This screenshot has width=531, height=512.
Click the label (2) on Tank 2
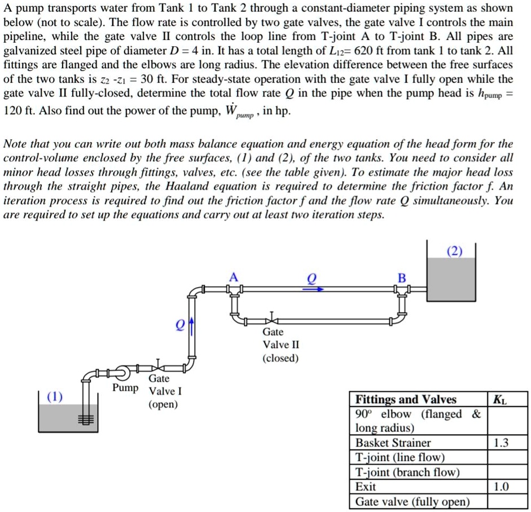pyautogui.click(x=453, y=251)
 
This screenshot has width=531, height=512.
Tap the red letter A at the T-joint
pyautogui.click(x=234, y=277)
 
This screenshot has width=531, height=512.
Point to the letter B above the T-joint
pyautogui.click(x=402, y=277)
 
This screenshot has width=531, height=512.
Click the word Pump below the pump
pyautogui.click(x=125, y=388)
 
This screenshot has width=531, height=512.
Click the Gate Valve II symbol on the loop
pyautogui.click(x=271, y=319)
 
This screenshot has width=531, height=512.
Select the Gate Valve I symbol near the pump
pyautogui.click(x=159, y=367)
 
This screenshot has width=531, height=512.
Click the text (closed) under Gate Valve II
pyautogui.click(x=280, y=358)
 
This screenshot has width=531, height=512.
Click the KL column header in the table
pyautogui.click(x=499, y=400)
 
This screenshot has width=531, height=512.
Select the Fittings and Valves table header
pyautogui.click(x=406, y=400)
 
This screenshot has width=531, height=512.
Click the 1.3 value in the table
pyautogui.click(x=500, y=443)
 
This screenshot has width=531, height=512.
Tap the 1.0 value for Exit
pyautogui.click(x=500, y=487)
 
